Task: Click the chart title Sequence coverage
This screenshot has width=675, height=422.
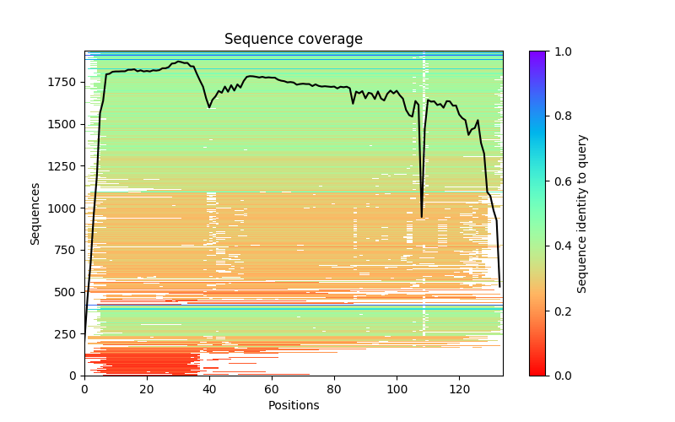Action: click(293, 40)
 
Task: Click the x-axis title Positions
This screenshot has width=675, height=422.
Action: click(293, 405)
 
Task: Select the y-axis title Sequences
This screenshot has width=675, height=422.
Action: click(35, 213)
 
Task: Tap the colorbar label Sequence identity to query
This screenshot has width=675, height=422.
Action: click(582, 213)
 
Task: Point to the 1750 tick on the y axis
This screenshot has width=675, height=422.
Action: click(64, 82)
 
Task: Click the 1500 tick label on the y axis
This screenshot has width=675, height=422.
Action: click(64, 124)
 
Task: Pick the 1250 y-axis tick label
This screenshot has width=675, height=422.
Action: click(64, 166)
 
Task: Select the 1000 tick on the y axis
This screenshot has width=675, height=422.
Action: click(64, 208)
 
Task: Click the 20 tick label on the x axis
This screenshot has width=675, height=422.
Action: click(147, 389)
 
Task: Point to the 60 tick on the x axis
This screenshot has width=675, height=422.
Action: click(272, 389)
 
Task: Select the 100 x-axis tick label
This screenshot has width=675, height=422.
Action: click(397, 389)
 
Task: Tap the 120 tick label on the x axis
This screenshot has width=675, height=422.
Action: click(459, 389)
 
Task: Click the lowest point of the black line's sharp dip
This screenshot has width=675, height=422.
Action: click(422, 217)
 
